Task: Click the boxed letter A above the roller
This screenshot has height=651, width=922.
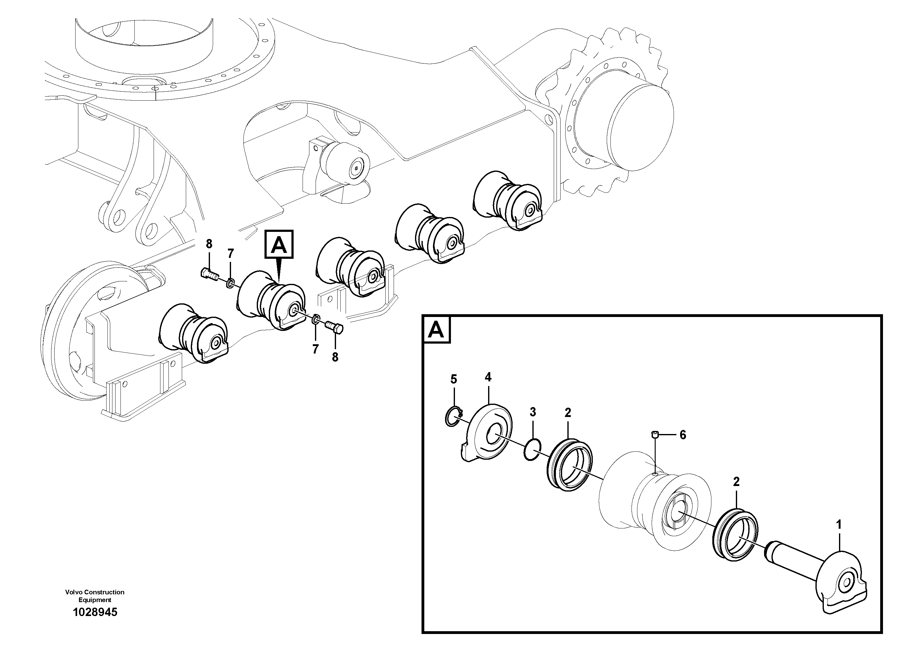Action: [279, 244]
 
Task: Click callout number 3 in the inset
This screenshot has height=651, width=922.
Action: [532, 423]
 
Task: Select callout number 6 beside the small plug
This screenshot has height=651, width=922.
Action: [683, 435]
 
